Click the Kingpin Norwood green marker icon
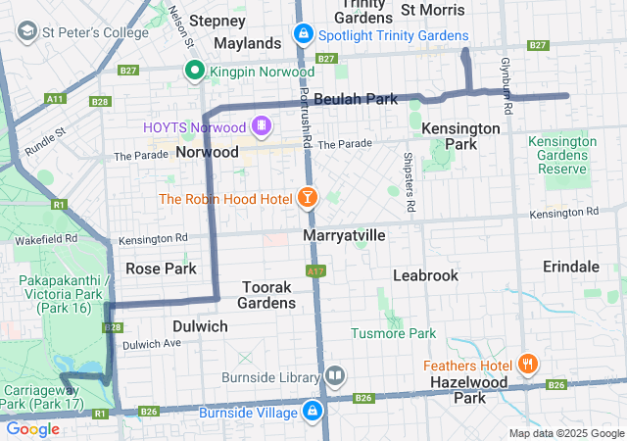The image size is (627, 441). click(195, 71)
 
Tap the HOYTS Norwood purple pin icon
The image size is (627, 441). click(262, 126)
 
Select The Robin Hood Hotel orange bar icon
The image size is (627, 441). click(308, 199)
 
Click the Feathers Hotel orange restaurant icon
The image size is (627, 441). click(528, 365)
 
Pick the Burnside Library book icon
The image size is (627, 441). click(335, 376)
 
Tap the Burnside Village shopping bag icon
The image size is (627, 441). click(313, 411)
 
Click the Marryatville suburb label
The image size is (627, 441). click(344, 237)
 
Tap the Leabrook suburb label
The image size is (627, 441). click(425, 275)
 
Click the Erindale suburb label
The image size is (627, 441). click(571, 267)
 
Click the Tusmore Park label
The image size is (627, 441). click(393, 333)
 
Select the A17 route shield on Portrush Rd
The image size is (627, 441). click(314, 270)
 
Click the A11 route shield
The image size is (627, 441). click(55, 99)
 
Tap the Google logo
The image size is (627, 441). click(33, 428)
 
